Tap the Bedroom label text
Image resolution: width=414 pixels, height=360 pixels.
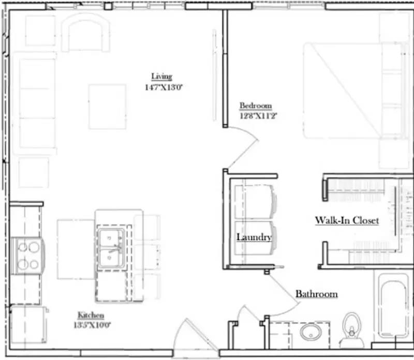click(255, 106)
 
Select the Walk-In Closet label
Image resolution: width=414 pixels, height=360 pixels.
click(347, 220)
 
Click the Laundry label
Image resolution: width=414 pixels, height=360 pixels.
click(254, 237)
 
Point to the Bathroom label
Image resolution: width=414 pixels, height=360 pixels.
click(316, 294)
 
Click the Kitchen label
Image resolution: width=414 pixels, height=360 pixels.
click(91, 315)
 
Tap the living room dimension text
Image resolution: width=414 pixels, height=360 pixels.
click(164, 87)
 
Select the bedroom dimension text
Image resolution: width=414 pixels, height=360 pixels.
click(255, 116)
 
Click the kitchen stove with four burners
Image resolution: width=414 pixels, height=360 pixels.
click(28, 256)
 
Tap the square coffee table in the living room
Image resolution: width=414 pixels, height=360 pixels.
click(107, 107)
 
